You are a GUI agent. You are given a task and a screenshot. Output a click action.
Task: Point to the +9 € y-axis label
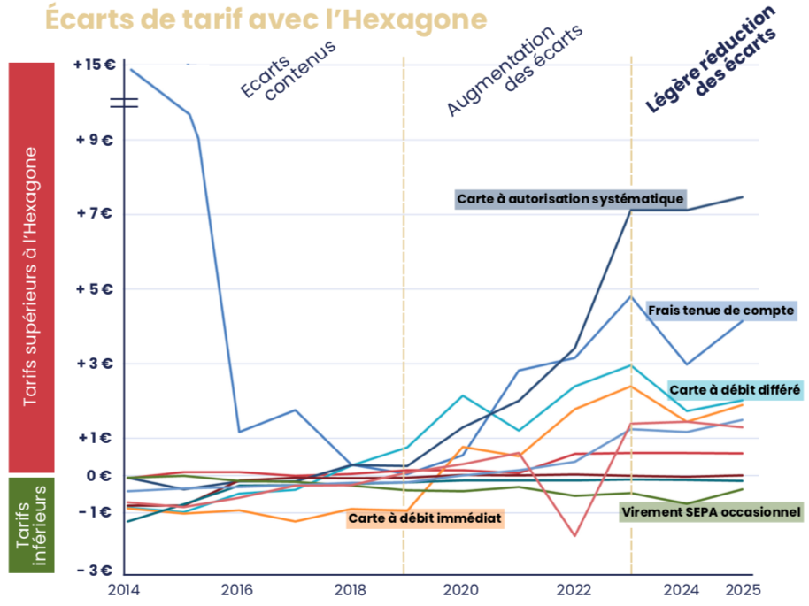coord(96,140)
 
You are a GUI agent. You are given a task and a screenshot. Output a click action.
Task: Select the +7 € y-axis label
coord(96,214)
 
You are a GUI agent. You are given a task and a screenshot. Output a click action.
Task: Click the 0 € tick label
coord(98,476)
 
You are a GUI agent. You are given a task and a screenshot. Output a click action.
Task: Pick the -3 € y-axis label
coord(96,571)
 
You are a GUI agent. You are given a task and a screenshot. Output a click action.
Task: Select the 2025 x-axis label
coord(743,588)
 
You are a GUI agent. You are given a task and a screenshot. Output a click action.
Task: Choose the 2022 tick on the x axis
coord(575,588)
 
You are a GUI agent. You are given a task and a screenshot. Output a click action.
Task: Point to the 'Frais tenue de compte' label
coord(720,311)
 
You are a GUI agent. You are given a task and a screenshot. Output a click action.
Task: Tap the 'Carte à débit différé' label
coord(735,389)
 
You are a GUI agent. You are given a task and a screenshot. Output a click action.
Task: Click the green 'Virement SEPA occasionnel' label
coord(711,512)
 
